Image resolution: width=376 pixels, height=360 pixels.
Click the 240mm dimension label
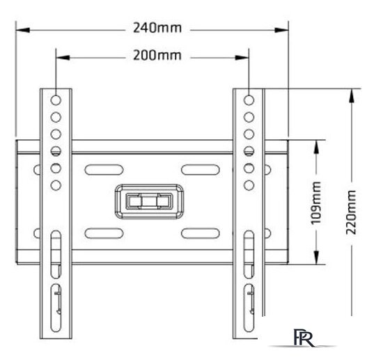(157, 28)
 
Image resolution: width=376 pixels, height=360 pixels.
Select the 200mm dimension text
(157, 56)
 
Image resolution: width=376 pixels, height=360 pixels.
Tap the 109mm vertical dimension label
(316, 203)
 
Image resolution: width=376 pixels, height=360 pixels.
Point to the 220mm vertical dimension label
(351, 212)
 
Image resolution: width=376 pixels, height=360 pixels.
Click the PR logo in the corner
(304, 338)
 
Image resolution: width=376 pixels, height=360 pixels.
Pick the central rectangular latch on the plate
(150, 201)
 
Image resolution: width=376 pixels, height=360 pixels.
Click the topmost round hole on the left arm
(56, 100)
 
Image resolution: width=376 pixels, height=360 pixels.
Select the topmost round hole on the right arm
(249, 100)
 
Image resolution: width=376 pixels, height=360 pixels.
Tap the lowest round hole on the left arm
(56, 185)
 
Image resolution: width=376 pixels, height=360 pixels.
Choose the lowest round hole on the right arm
(249, 185)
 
